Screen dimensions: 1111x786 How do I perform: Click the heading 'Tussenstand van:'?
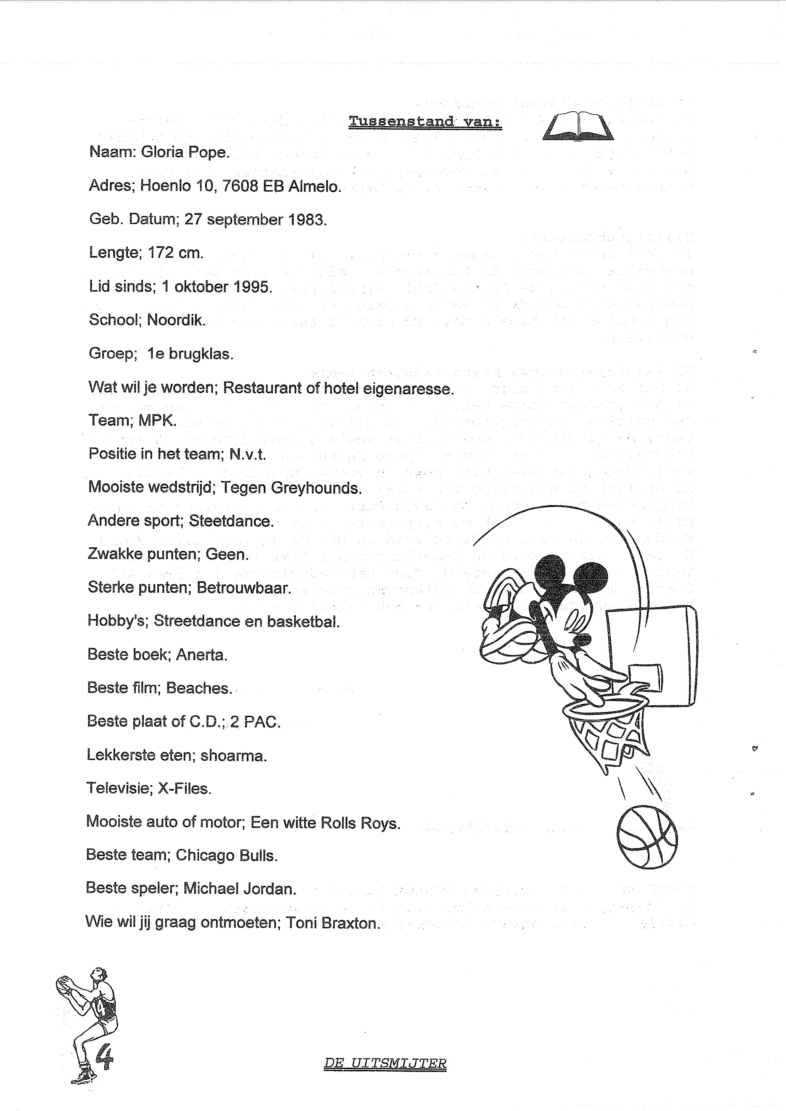point(425,122)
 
